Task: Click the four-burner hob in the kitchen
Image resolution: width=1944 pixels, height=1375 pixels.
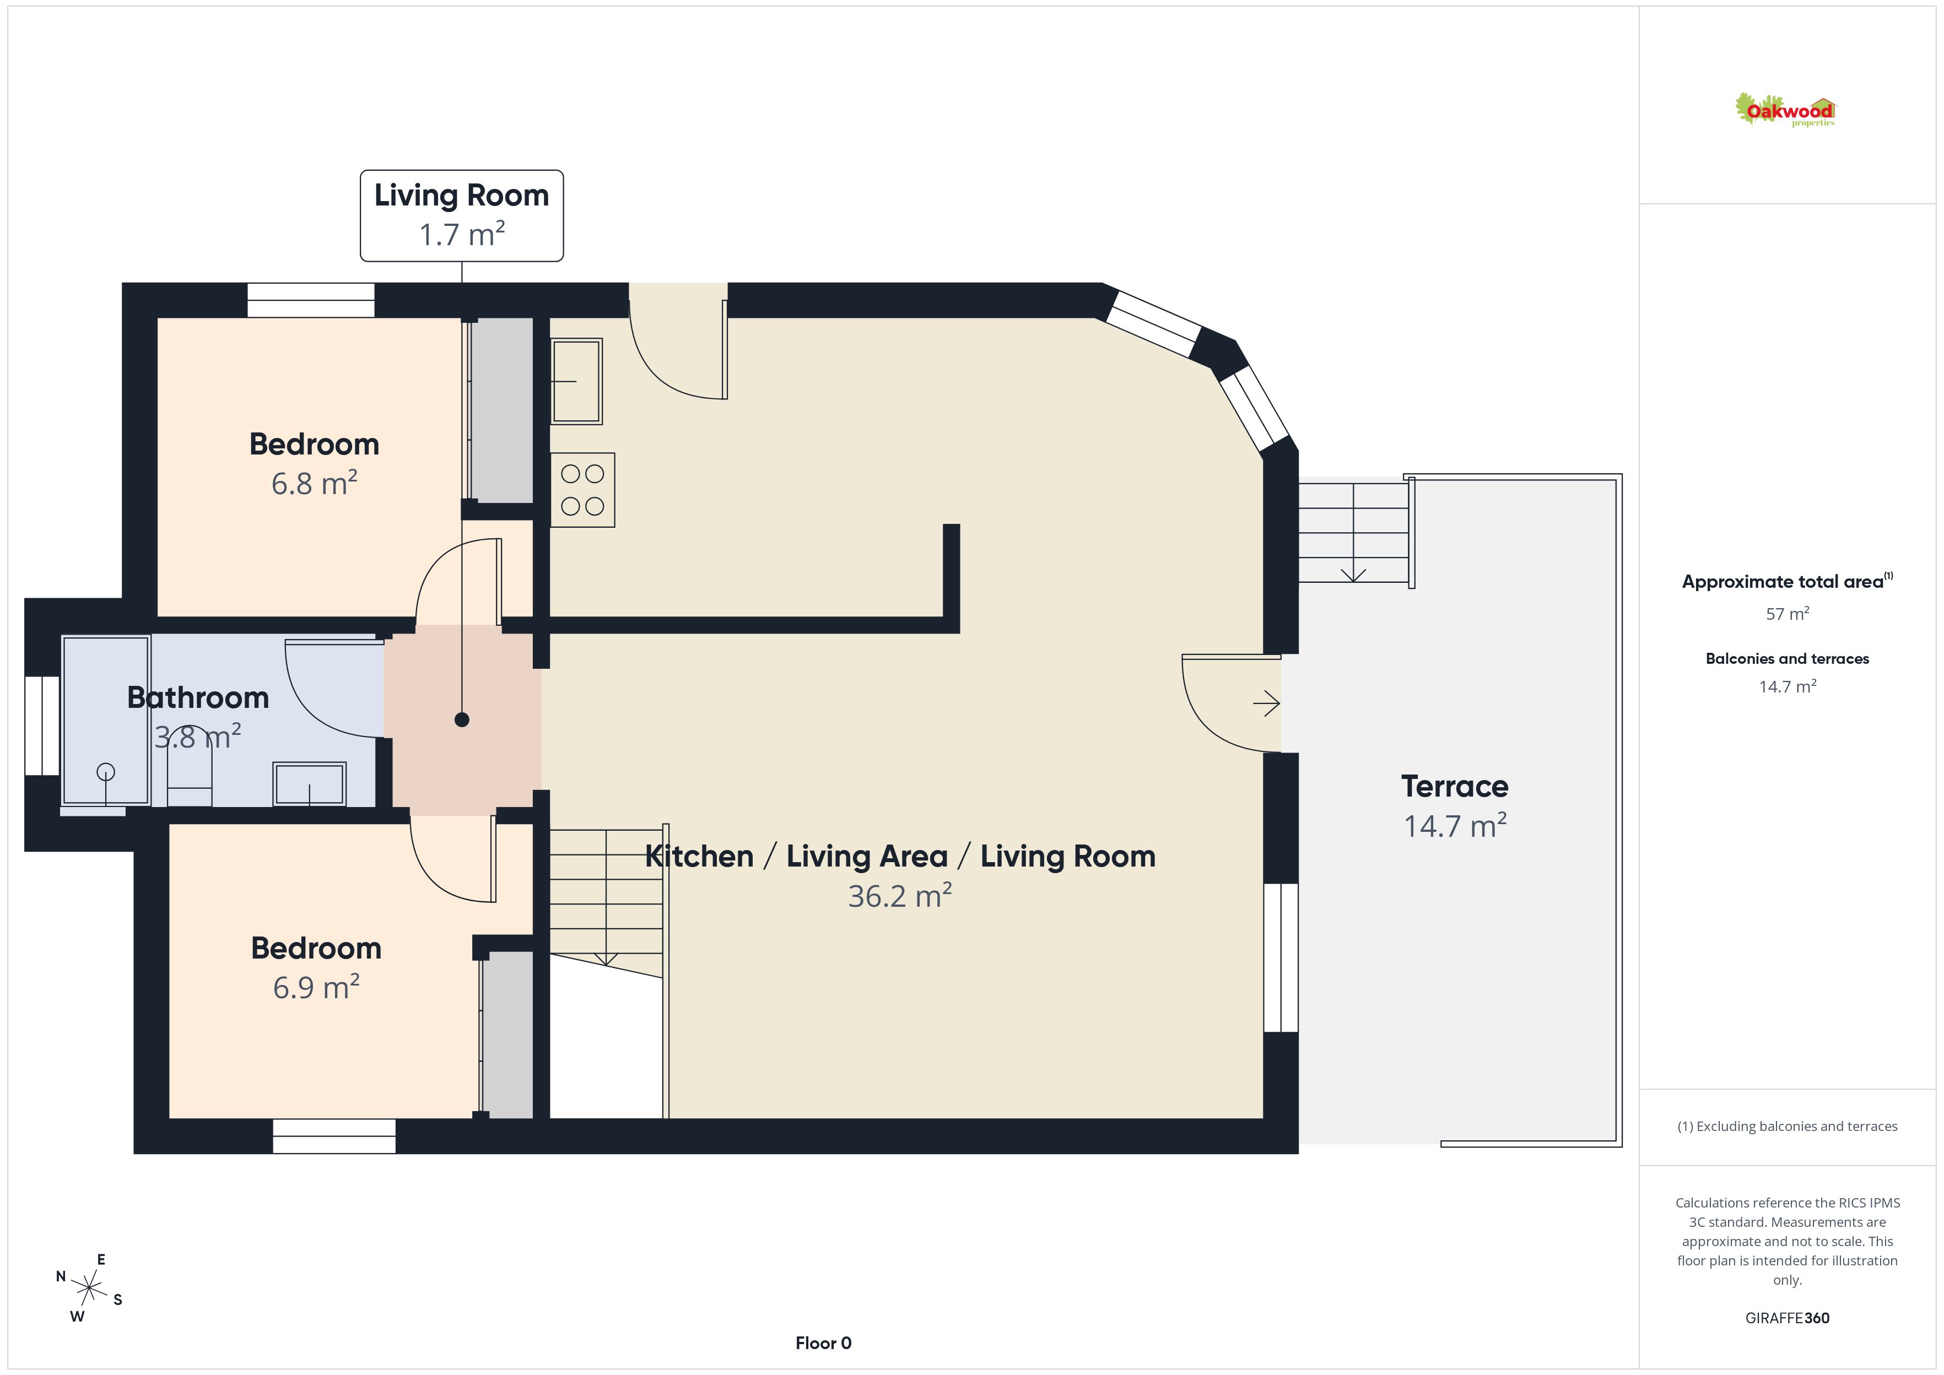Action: click(582, 490)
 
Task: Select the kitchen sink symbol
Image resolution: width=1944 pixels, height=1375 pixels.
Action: click(576, 381)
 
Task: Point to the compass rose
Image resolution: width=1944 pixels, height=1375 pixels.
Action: click(89, 1289)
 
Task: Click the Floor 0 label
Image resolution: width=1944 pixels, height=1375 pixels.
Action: click(823, 1343)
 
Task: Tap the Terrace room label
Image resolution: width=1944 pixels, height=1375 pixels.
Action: click(1455, 787)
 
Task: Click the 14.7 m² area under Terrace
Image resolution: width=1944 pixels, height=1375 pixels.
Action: click(1455, 826)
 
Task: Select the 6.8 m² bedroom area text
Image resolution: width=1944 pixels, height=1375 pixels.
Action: click(314, 484)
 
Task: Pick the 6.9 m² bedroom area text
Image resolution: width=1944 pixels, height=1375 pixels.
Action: click(316, 987)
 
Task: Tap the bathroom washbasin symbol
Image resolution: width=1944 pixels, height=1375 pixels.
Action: click(309, 784)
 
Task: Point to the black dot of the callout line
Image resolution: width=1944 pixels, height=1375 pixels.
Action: click(461, 719)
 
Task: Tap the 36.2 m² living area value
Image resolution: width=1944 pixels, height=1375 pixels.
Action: click(900, 896)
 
